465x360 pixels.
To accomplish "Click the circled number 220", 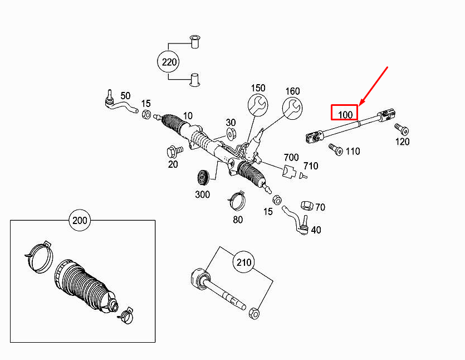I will pyautogui.click(x=169, y=62).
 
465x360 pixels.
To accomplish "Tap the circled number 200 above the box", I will pyautogui.click(x=80, y=220).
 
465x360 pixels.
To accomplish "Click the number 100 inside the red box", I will pyautogui.click(x=346, y=114).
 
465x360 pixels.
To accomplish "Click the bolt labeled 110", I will pyautogui.click(x=335, y=149).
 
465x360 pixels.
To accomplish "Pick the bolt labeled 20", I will pyautogui.click(x=172, y=151).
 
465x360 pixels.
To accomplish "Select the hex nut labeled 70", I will pyautogui.click(x=306, y=206).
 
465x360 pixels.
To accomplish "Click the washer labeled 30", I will pyautogui.click(x=231, y=134).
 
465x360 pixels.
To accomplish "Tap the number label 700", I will pyautogui.click(x=291, y=158).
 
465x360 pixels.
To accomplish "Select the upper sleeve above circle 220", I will pyautogui.click(x=195, y=42).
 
